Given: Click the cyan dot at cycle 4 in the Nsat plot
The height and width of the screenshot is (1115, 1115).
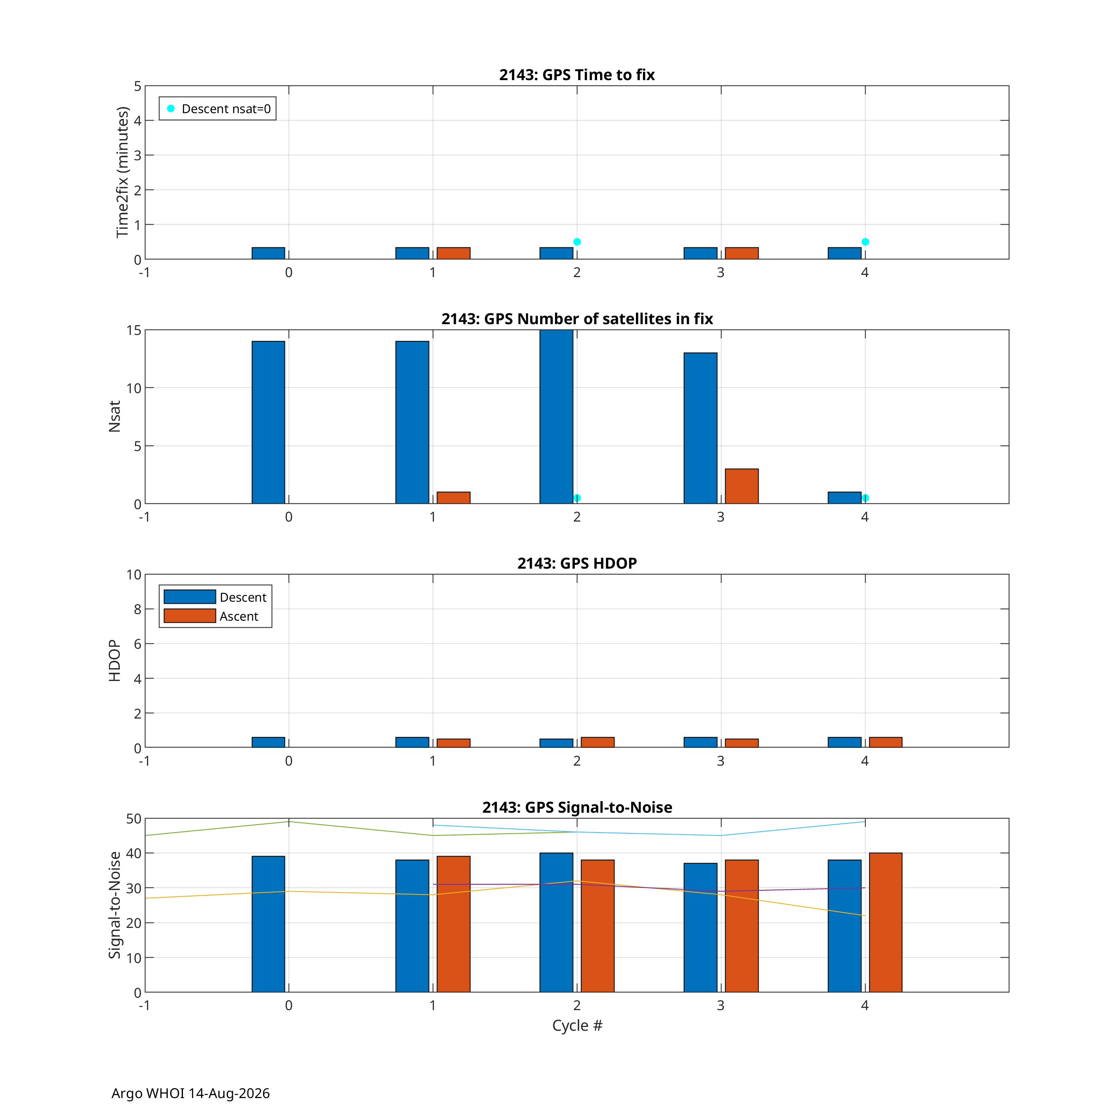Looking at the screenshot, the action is [x=865, y=498].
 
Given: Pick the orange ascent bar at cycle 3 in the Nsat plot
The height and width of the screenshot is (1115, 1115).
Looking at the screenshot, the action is [x=742, y=486].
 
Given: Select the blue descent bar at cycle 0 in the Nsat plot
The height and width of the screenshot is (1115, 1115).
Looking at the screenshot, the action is [x=268, y=422].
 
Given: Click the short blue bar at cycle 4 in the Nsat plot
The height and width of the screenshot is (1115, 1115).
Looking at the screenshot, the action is [x=845, y=498].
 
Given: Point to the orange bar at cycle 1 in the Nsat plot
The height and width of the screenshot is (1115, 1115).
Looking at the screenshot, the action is [x=453, y=498].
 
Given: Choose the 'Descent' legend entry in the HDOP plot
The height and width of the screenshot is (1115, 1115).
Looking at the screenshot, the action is [x=215, y=597].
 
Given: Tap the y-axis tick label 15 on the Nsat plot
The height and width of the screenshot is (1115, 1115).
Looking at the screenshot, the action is [x=134, y=330].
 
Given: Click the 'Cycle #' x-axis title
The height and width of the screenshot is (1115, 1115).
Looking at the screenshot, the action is [x=577, y=1025].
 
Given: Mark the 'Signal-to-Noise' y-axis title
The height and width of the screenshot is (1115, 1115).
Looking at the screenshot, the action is [x=115, y=905].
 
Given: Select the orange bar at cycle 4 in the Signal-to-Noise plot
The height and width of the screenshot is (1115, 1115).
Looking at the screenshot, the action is [x=886, y=922].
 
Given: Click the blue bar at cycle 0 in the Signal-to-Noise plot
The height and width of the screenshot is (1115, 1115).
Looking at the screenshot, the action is [x=268, y=924].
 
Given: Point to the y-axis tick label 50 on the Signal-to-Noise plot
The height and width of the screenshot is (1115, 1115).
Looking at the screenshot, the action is [x=134, y=818].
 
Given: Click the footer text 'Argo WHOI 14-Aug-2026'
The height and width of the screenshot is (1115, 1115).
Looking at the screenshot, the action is [x=190, y=1093].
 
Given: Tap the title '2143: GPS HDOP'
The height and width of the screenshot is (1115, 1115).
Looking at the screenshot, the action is [x=577, y=563].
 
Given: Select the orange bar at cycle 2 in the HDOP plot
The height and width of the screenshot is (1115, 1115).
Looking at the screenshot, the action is [x=597, y=742].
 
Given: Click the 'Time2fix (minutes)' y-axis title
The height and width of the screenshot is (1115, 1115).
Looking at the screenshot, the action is [x=122, y=172].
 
